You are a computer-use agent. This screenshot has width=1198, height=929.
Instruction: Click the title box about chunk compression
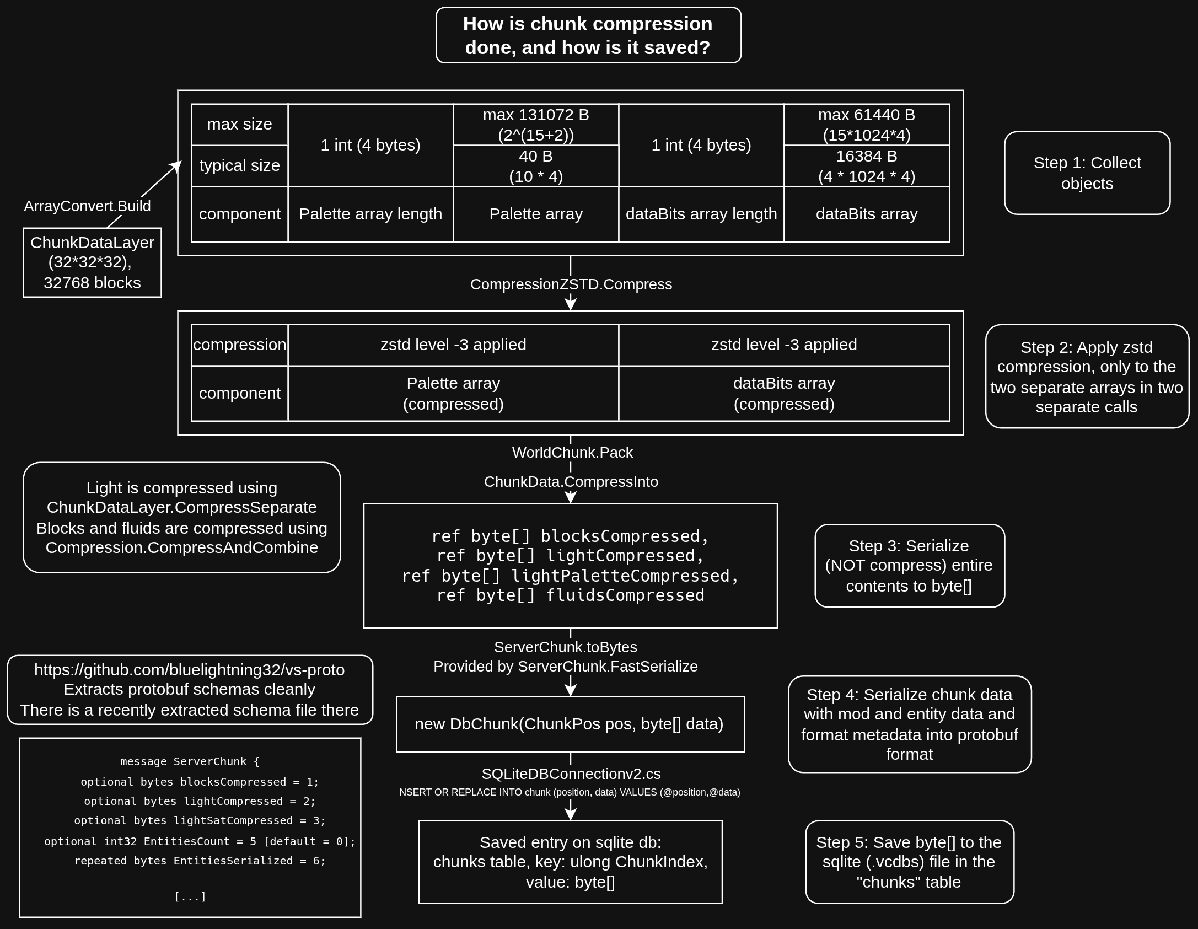(588, 35)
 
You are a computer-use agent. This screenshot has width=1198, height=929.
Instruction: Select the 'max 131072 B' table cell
(536, 125)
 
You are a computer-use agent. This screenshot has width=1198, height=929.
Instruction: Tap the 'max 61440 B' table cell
(866, 125)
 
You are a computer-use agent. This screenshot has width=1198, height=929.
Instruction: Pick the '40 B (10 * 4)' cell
(536, 166)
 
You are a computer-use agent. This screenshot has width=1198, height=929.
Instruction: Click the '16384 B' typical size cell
(866, 166)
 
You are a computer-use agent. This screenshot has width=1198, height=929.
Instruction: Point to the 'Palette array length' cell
(370, 214)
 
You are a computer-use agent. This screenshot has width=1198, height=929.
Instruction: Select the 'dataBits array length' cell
(701, 214)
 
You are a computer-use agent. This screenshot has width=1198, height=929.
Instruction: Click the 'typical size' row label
(239, 165)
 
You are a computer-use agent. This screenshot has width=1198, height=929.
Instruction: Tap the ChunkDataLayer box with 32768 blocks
(92, 262)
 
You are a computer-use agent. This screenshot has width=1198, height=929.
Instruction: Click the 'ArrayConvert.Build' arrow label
(87, 206)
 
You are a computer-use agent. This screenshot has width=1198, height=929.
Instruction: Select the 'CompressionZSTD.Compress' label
(571, 284)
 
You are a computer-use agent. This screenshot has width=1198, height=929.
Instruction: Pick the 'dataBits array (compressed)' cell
(783, 393)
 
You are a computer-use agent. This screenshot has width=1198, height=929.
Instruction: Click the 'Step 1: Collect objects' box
(1087, 173)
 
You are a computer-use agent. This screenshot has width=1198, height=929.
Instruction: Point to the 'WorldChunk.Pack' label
(572, 453)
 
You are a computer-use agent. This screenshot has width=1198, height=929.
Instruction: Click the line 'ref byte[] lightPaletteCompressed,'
(570, 576)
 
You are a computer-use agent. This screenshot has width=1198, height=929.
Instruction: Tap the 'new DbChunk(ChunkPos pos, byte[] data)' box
(570, 724)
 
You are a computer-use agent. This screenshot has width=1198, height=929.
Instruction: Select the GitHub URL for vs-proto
(189, 670)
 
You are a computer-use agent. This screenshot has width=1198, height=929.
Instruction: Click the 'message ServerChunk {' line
(190, 762)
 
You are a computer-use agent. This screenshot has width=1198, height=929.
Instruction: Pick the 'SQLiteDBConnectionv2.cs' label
(571, 774)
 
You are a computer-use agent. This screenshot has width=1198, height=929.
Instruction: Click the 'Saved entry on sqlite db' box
(570, 862)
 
